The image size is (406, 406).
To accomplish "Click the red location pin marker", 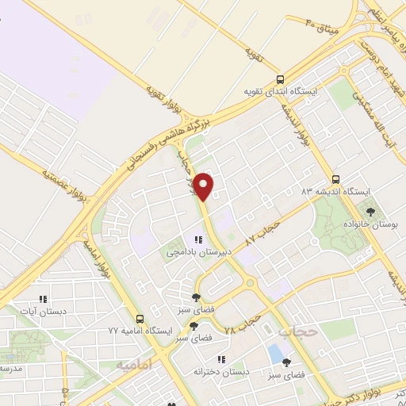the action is click(x=205, y=186).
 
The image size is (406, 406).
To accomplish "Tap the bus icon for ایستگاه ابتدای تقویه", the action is click(x=279, y=79).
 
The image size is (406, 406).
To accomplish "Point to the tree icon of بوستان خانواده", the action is click(x=370, y=212).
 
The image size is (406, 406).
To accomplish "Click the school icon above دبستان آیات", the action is click(x=44, y=299).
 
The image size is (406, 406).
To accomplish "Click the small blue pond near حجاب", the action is click(x=276, y=351).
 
